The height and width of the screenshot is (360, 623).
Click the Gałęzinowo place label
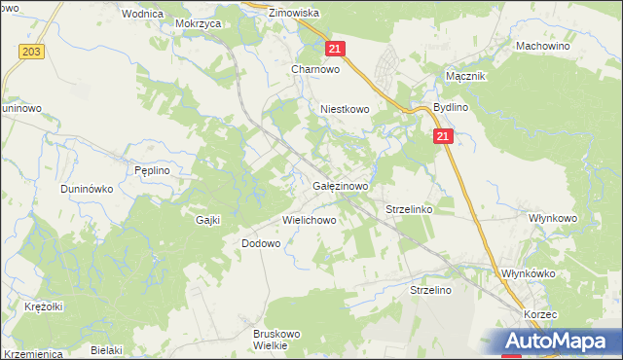pyautogui.click(x=340, y=185)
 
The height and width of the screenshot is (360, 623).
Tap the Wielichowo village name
pyautogui.click(x=310, y=220)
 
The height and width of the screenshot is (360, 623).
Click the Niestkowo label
pyautogui.click(x=346, y=110)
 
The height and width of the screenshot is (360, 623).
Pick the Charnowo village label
pyautogui.click(x=314, y=69)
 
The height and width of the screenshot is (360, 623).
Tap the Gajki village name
pyautogui.click(x=208, y=220)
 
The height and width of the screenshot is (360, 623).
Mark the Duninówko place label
pyautogui.click(x=88, y=188)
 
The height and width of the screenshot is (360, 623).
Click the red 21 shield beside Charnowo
pyautogui.click(x=335, y=49)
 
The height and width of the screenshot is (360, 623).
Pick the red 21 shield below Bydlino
pyautogui.click(x=443, y=138)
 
